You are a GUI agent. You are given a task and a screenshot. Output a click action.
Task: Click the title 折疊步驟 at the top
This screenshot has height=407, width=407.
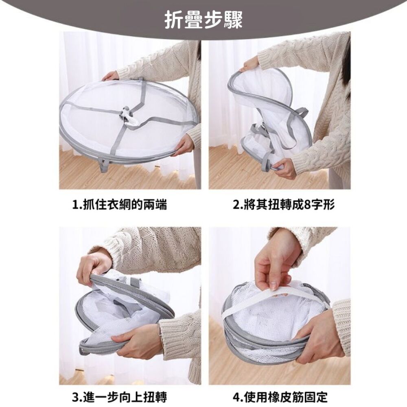(204, 20)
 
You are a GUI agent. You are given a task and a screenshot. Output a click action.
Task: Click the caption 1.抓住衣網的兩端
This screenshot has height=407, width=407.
(119, 205)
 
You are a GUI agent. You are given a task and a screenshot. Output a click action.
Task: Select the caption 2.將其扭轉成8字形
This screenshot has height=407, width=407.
(284, 205)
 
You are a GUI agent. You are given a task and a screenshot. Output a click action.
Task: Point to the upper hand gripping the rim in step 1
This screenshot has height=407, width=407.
(110, 77)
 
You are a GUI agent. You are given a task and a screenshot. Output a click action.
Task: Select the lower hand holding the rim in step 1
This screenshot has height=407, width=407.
(183, 145)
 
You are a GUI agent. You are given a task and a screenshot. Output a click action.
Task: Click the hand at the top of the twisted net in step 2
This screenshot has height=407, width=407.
(249, 65)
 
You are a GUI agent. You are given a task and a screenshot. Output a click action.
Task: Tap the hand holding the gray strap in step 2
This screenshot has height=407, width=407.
(286, 167)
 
